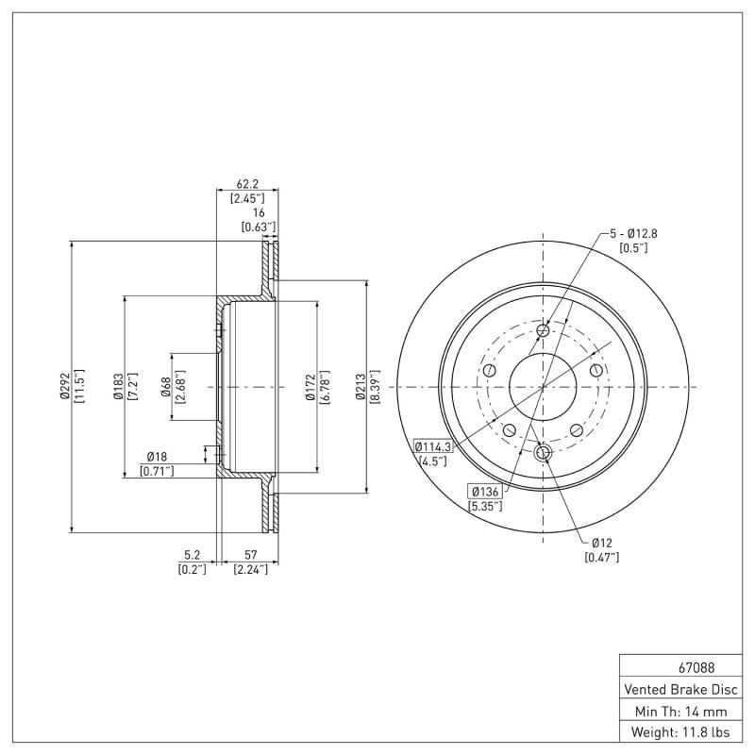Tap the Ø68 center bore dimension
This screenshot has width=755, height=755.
(x=165, y=387)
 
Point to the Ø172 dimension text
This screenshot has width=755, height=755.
(x=310, y=387)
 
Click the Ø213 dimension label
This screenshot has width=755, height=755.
(x=361, y=387)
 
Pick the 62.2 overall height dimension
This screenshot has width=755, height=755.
(x=247, y=184)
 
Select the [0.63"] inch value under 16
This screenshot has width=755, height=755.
(x=258, y=226)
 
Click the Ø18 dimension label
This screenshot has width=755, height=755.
(x=158, y=456)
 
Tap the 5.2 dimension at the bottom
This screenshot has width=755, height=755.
(x=192, y=556)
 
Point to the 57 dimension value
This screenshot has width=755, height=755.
(x=250, y=556)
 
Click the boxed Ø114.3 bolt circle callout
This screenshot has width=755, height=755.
(x=433, y=447)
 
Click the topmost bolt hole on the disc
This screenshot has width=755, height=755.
(x=543, y=330)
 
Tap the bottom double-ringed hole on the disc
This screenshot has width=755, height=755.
(x=543, y=454)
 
